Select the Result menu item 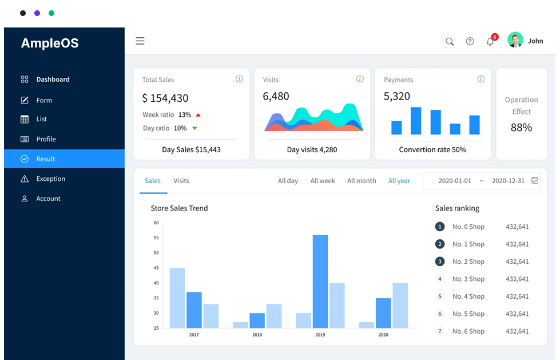coord(64,159)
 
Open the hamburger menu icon coord(140,41)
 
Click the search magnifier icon coord(450,41)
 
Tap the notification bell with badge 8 coord(490,41)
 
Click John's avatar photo coord(515,39)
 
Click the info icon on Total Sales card coord(239,79)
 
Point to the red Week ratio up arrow coord(198,115)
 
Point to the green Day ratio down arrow coord(194,128)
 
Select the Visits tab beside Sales coord(181,181)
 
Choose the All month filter coord(362,181)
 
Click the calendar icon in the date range coord(535,180)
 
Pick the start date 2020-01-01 coord(455,181)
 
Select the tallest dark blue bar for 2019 coord(320,282)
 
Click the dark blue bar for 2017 coord(194,310)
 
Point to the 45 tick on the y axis coord(156,268)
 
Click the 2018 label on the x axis coord(257,335)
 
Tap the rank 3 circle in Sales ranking coord(440,262)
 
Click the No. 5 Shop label coord(468,314)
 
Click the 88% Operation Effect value coord(522,127)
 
